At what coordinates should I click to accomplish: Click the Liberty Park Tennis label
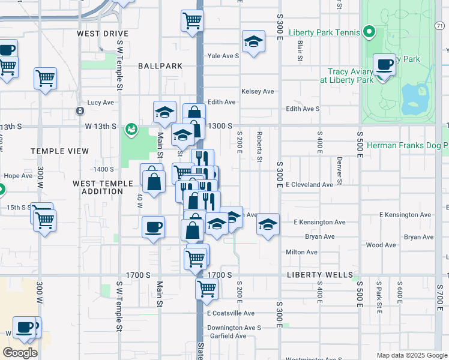(324, 32)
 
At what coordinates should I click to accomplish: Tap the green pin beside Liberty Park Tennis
(369, 32)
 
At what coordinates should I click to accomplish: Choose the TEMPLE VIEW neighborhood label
(61, 151)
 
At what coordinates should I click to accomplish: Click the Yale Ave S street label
(223, 56)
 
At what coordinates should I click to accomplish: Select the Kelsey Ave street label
(258, 91)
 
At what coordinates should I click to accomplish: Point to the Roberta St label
(260, 147)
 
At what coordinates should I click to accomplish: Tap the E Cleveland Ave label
(309, 185)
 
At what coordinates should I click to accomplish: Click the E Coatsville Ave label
(231, 313)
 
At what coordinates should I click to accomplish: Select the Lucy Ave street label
(100, 103)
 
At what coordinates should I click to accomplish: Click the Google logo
(20, 353)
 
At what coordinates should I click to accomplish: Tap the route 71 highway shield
(440, 25)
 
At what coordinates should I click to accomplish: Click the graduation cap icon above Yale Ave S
(253, 42)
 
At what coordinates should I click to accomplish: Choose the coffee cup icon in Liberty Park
(384, 65)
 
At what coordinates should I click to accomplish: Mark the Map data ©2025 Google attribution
(412, 355)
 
